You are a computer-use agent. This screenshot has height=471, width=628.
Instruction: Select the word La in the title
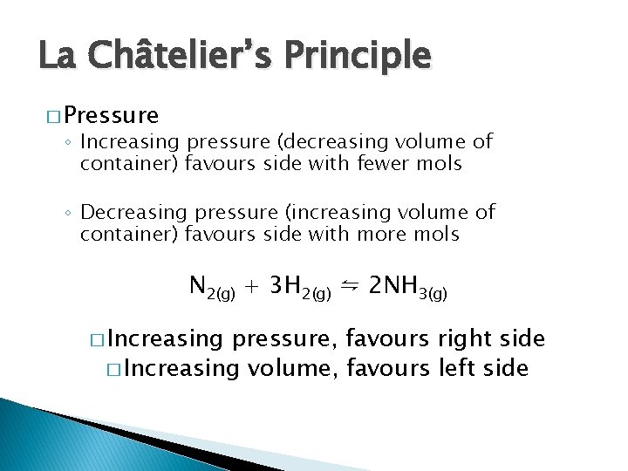[58, 56]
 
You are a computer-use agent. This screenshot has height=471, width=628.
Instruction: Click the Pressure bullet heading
[111, 115]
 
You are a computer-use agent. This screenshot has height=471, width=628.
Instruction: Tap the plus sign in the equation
[252, 286]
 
